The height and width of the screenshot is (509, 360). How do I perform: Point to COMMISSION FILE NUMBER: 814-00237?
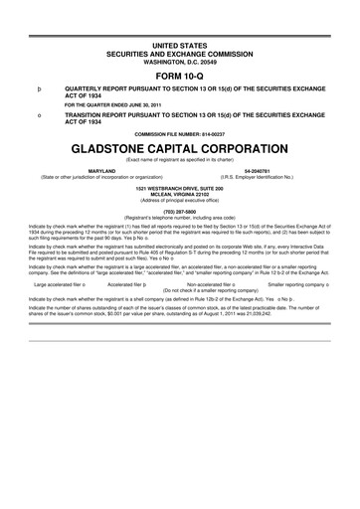click(179, 133)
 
